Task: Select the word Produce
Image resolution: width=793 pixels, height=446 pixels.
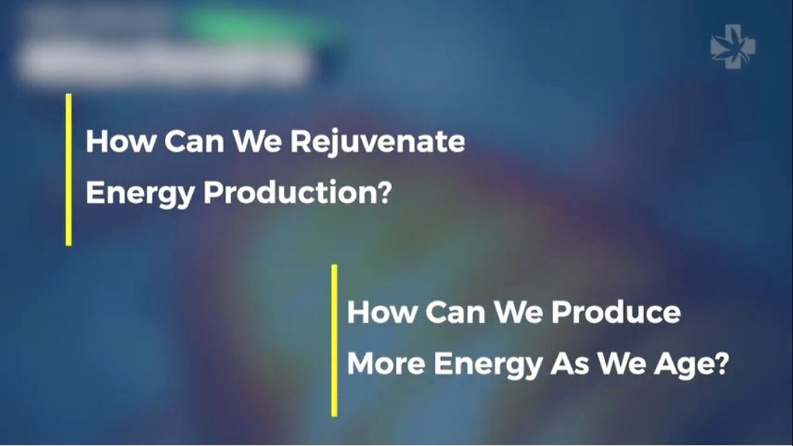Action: [x=616, y=313]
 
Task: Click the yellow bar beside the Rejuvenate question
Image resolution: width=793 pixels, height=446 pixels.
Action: [x=69, y=169]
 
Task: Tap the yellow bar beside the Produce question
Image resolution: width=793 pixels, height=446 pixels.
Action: [x=335, y=340]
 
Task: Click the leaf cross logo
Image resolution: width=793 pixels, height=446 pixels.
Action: [x=733, y=46]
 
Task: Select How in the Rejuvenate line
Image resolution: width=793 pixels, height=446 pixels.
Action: [x=119, y=142]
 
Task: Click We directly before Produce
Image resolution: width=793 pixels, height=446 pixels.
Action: [x=519, y=313]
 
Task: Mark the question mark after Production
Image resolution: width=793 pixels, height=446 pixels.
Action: [x=384, y=194]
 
